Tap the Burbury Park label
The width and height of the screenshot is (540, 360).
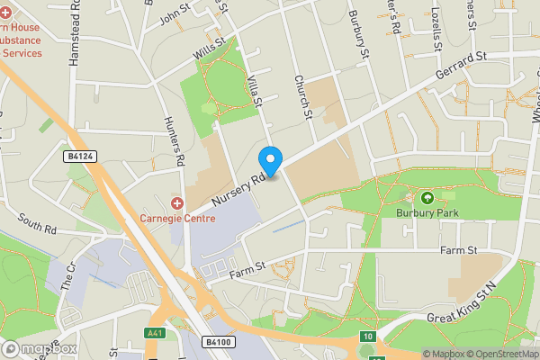[x=427, y=213]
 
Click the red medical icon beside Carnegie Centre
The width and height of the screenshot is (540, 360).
[x=177, y=204]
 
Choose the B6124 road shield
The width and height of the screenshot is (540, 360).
[x=80, y=157]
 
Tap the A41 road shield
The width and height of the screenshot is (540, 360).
[x=155, y=333]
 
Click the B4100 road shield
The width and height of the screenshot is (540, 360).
[x=220, y=342]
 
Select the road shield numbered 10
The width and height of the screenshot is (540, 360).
[x=367, y=337]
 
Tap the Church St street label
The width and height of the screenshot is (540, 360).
[x=303, y=96]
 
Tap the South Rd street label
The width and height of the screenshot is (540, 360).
[x=36, y=225]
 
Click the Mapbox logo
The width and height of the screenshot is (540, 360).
[x=40, y=348]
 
